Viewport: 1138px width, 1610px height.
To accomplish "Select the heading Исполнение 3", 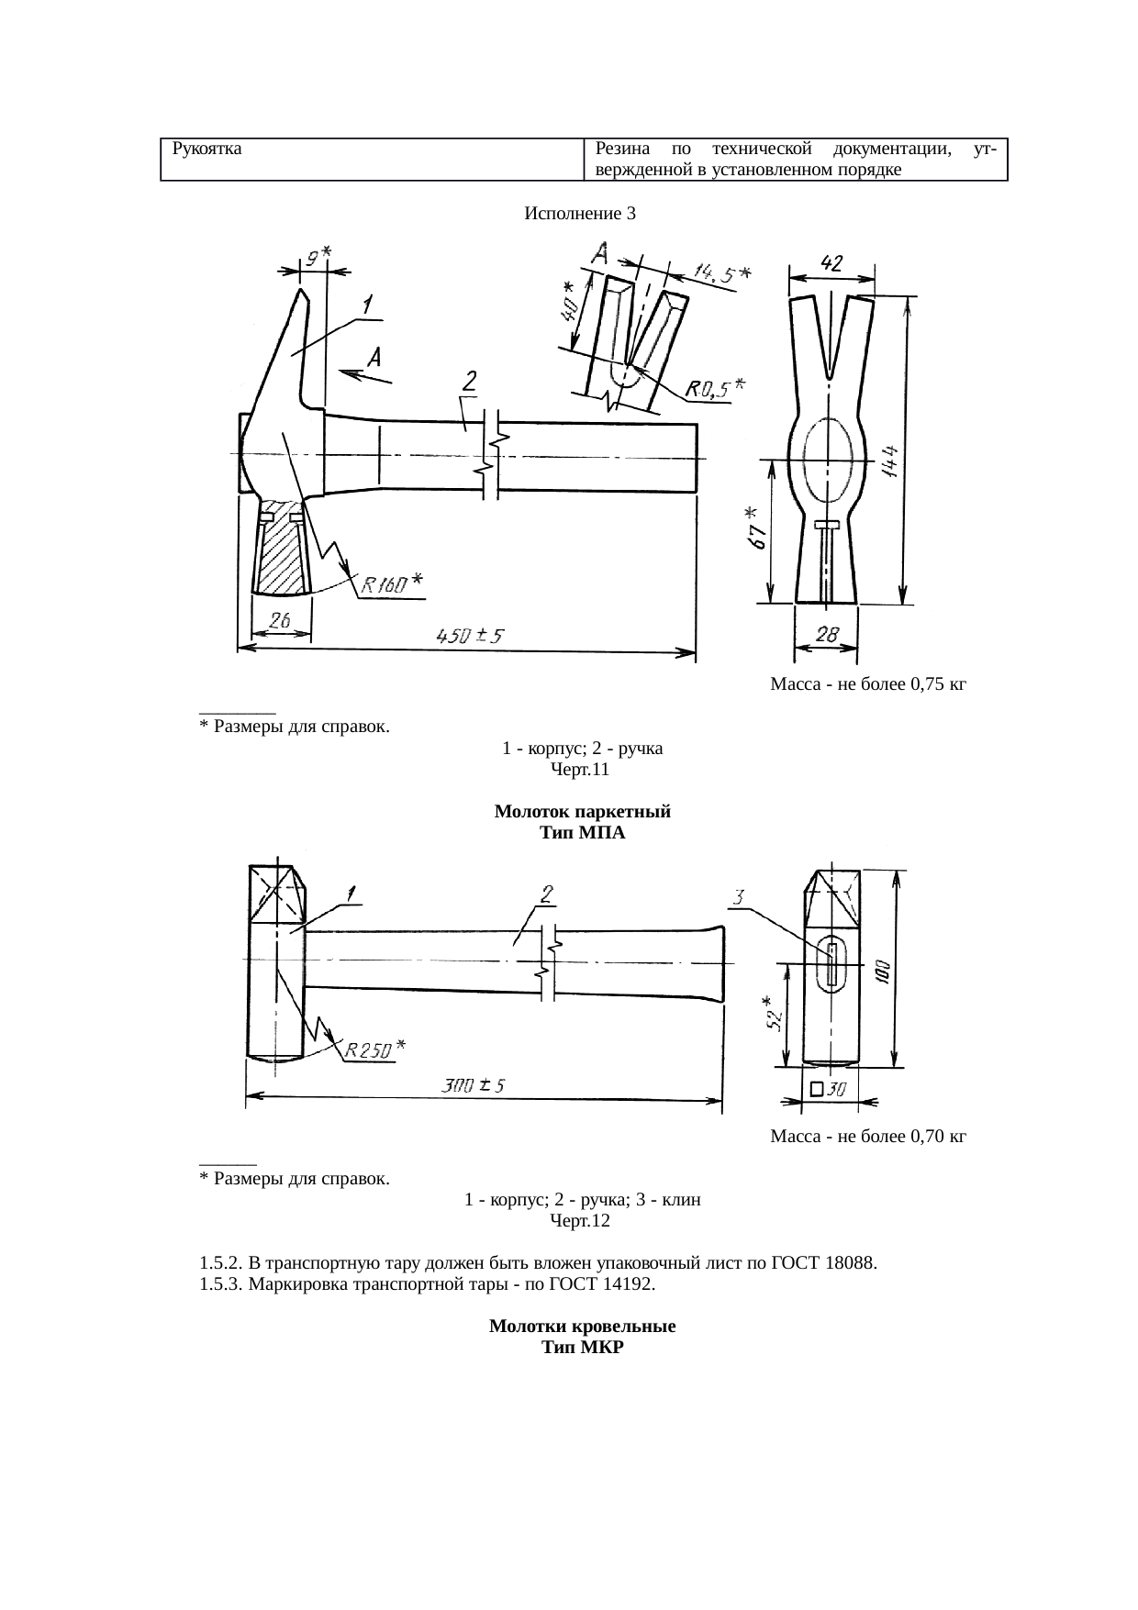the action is (x=580, y=214).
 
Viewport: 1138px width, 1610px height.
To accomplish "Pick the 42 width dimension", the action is (x=831, y=263).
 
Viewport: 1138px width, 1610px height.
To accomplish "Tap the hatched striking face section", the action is (x=281, y=548).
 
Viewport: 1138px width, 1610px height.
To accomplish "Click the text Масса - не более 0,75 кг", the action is (x=868, y=684).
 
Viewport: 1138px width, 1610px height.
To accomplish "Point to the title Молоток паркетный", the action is (x=583, y=812).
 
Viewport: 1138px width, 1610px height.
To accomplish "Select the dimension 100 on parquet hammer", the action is (x=881, y=972).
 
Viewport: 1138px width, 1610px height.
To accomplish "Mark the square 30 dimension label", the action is (x=829, y=1089).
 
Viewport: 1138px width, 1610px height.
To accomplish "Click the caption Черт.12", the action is (x=579, y=1222).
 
